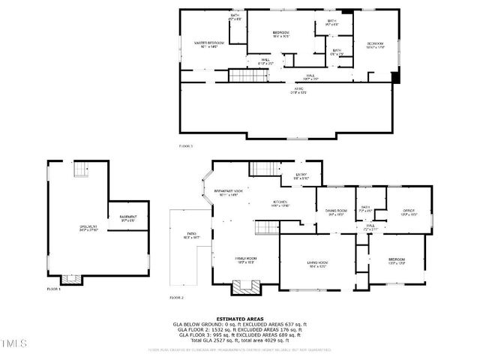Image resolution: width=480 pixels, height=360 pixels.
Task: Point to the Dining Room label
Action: tap(335, 212)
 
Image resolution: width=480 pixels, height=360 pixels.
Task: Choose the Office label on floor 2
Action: tap(408, 212)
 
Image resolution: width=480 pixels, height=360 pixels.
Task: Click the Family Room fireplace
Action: tap(244, 286)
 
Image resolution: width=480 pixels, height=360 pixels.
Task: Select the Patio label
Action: tap(191, 238)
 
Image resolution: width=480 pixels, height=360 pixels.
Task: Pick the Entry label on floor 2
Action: tap(301, 176)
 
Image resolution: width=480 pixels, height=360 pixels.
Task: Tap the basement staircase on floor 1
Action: tap(82, 172)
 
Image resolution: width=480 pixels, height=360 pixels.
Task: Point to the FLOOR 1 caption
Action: tap(53, 289)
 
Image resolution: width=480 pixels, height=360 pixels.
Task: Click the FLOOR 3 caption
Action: tap(186, 145)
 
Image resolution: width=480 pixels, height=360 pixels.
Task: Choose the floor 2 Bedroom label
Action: tap(396, 263)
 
